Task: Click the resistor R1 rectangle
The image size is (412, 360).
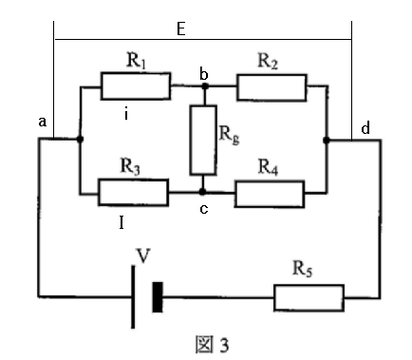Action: [x=136, y=86]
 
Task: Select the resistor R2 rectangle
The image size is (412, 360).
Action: [x=272, y=87]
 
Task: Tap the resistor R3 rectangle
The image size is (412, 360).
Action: [x=133, y=192]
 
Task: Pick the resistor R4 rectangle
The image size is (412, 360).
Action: [x=270, y=194]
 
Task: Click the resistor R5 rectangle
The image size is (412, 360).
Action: [x=309, y=297]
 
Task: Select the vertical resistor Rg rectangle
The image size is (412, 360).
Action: [x=203, y=140]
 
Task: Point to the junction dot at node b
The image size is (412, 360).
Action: [x=205, y=85]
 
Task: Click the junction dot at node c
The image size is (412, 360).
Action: [x=202, y=192]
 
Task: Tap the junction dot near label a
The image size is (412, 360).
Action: [x=80, y=139]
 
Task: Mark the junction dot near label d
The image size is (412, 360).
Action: [x=327, y=140]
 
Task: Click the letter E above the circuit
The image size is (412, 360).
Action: [x=180, y=29]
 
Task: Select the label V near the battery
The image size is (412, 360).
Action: [x=143, y=256]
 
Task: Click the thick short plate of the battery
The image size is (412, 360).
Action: [x=158, y=297]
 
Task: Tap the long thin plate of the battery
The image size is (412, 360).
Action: [x=133, y=297]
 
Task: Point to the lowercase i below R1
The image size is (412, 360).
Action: [x=126, y=114]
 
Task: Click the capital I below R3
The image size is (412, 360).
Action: [x=122, y=223]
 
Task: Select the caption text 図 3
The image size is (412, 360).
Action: [x=212, y=345]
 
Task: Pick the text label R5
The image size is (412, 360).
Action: [x=303, y=269]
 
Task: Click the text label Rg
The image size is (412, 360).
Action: [x=229, y=135]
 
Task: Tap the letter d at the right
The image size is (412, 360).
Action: [x=365, y=128]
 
